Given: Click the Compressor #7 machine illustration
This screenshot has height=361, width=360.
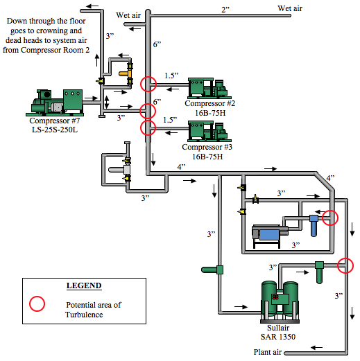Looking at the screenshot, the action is click(55, 103).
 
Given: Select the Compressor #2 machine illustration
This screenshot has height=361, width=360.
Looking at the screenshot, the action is click(209, 88).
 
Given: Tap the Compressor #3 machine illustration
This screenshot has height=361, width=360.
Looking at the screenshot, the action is click(209, 131).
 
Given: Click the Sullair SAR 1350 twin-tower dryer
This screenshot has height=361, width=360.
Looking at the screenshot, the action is click(280, 302).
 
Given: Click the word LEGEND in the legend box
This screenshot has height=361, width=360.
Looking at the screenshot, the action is click(84, 285).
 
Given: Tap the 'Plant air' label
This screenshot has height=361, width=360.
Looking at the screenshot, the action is click(268, 352).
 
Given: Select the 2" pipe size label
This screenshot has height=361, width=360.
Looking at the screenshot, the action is click(225, 10).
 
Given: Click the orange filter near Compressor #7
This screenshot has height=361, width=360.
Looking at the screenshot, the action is click(126, 74).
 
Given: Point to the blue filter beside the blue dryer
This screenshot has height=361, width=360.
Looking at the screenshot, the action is click(314, 226).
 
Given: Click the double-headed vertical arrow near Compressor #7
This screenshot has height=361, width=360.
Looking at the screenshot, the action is click(106, 102).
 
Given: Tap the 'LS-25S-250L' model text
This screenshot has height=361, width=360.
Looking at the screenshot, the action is click(55, 130).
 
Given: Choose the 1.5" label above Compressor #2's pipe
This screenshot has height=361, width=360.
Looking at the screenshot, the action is click(171, 76).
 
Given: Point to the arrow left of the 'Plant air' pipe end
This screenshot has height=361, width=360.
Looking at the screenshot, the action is click(316, 347).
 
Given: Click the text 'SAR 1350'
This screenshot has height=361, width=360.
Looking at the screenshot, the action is click(278, 337).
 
